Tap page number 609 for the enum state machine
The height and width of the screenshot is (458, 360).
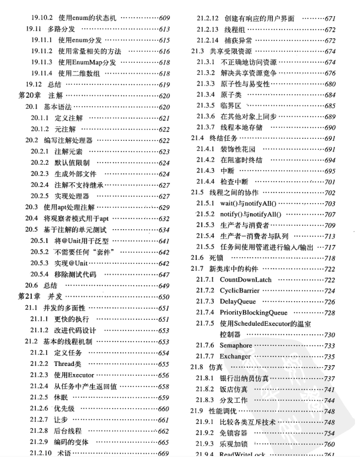(x=164, y=18)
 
